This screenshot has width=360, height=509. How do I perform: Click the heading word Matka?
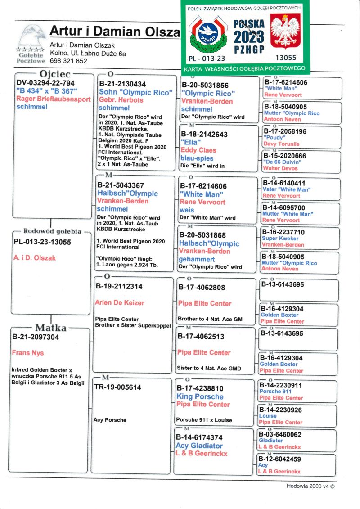(51, 328)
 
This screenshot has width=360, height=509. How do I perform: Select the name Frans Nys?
(28, 353)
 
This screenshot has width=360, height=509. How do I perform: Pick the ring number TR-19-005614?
(117, 387)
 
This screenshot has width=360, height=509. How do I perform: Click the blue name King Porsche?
(200, 396)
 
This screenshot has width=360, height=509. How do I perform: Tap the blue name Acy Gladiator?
(199, 446)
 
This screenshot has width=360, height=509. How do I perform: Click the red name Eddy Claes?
(198, 150)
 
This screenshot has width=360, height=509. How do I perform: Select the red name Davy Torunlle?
(281, 144)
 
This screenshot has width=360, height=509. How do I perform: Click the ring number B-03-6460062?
(283, 435)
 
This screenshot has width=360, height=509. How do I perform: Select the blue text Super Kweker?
(278, 239)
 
